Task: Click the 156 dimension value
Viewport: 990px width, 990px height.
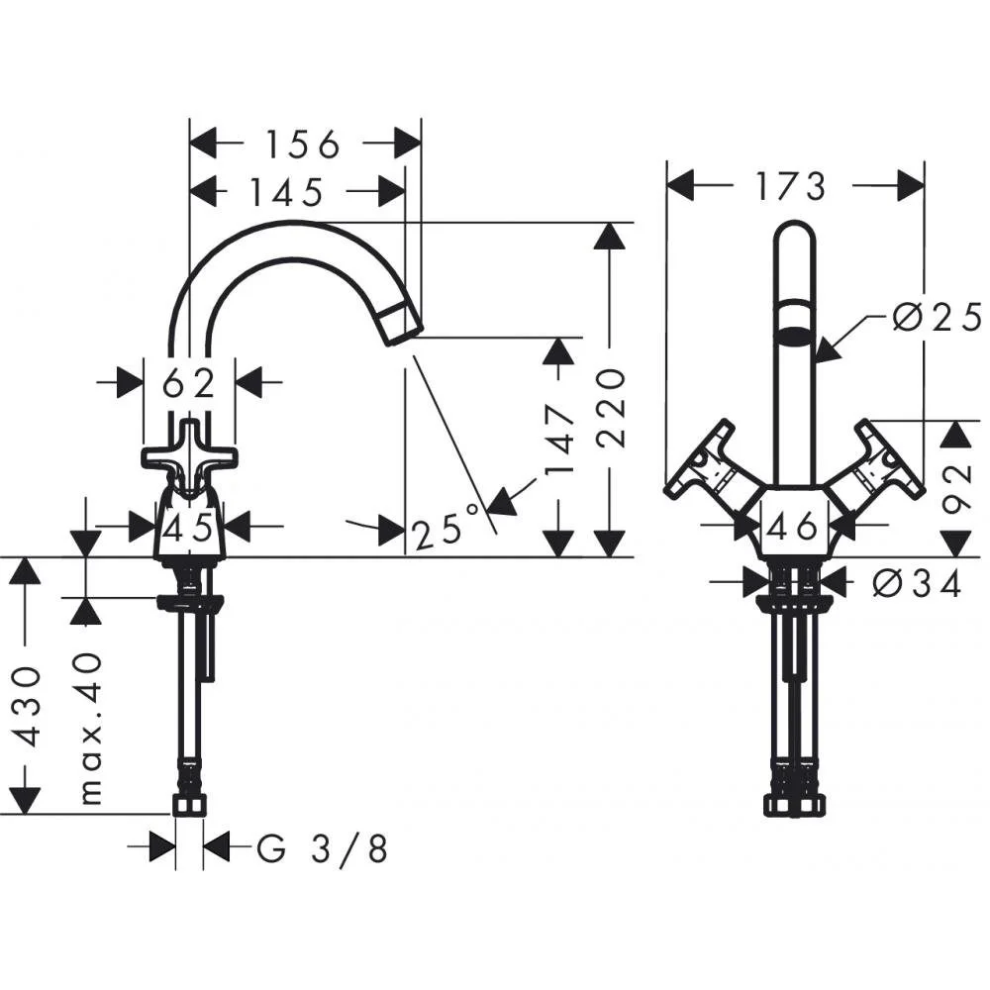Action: click(x=302, y=145)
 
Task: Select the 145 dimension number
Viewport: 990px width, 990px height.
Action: click(x=287, y=192)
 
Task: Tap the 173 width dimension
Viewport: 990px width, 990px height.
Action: click(x=792, y=186)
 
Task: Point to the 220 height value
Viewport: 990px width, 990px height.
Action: click(x=611, y=408)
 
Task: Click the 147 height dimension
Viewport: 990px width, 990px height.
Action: click(x=558, y=441)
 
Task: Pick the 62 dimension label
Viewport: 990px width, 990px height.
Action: click(x=189, y=383)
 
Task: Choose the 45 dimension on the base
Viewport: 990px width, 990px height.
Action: click(x=189, y=528)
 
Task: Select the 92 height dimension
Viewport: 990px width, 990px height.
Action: click(x=956, y=488)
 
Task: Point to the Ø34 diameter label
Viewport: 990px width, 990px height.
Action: click(x=918, y=583)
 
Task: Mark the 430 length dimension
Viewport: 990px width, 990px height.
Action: click(x=26, y=707)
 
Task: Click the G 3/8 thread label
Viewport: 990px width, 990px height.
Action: click(x=322, y=848)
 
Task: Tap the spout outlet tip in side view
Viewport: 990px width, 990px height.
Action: click(x=404, y=324)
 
